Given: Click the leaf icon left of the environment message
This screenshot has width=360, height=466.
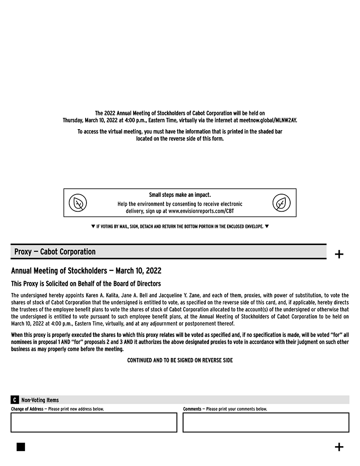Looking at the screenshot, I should [78, 203].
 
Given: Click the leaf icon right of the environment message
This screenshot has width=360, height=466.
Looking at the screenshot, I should [281, 203].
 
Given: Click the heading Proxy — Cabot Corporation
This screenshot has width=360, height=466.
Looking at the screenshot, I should [55, 252].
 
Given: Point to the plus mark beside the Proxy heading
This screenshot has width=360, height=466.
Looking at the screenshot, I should [339, 254].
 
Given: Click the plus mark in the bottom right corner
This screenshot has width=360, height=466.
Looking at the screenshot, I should [339, 447].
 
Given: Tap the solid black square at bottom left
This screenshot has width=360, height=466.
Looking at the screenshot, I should [21, 447].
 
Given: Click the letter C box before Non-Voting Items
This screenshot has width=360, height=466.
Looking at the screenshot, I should [14, 400].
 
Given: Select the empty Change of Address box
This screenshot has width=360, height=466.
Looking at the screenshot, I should [94, 423].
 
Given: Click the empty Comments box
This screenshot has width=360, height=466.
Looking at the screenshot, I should [266, 423].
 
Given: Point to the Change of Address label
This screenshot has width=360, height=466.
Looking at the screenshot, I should [27, 409].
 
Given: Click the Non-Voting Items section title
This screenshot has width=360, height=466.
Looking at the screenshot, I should [40, 400].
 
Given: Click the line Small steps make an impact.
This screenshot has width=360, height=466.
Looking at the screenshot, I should [180, 195].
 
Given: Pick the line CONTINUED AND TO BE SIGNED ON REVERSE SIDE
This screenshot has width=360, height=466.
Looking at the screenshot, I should [180, 360].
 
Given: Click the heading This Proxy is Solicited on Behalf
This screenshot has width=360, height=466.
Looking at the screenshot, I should [86, 284].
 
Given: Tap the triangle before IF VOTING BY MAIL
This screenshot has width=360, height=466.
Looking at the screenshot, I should [93, 226].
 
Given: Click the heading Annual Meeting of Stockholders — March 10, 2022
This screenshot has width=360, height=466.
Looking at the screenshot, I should [86, 271].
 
